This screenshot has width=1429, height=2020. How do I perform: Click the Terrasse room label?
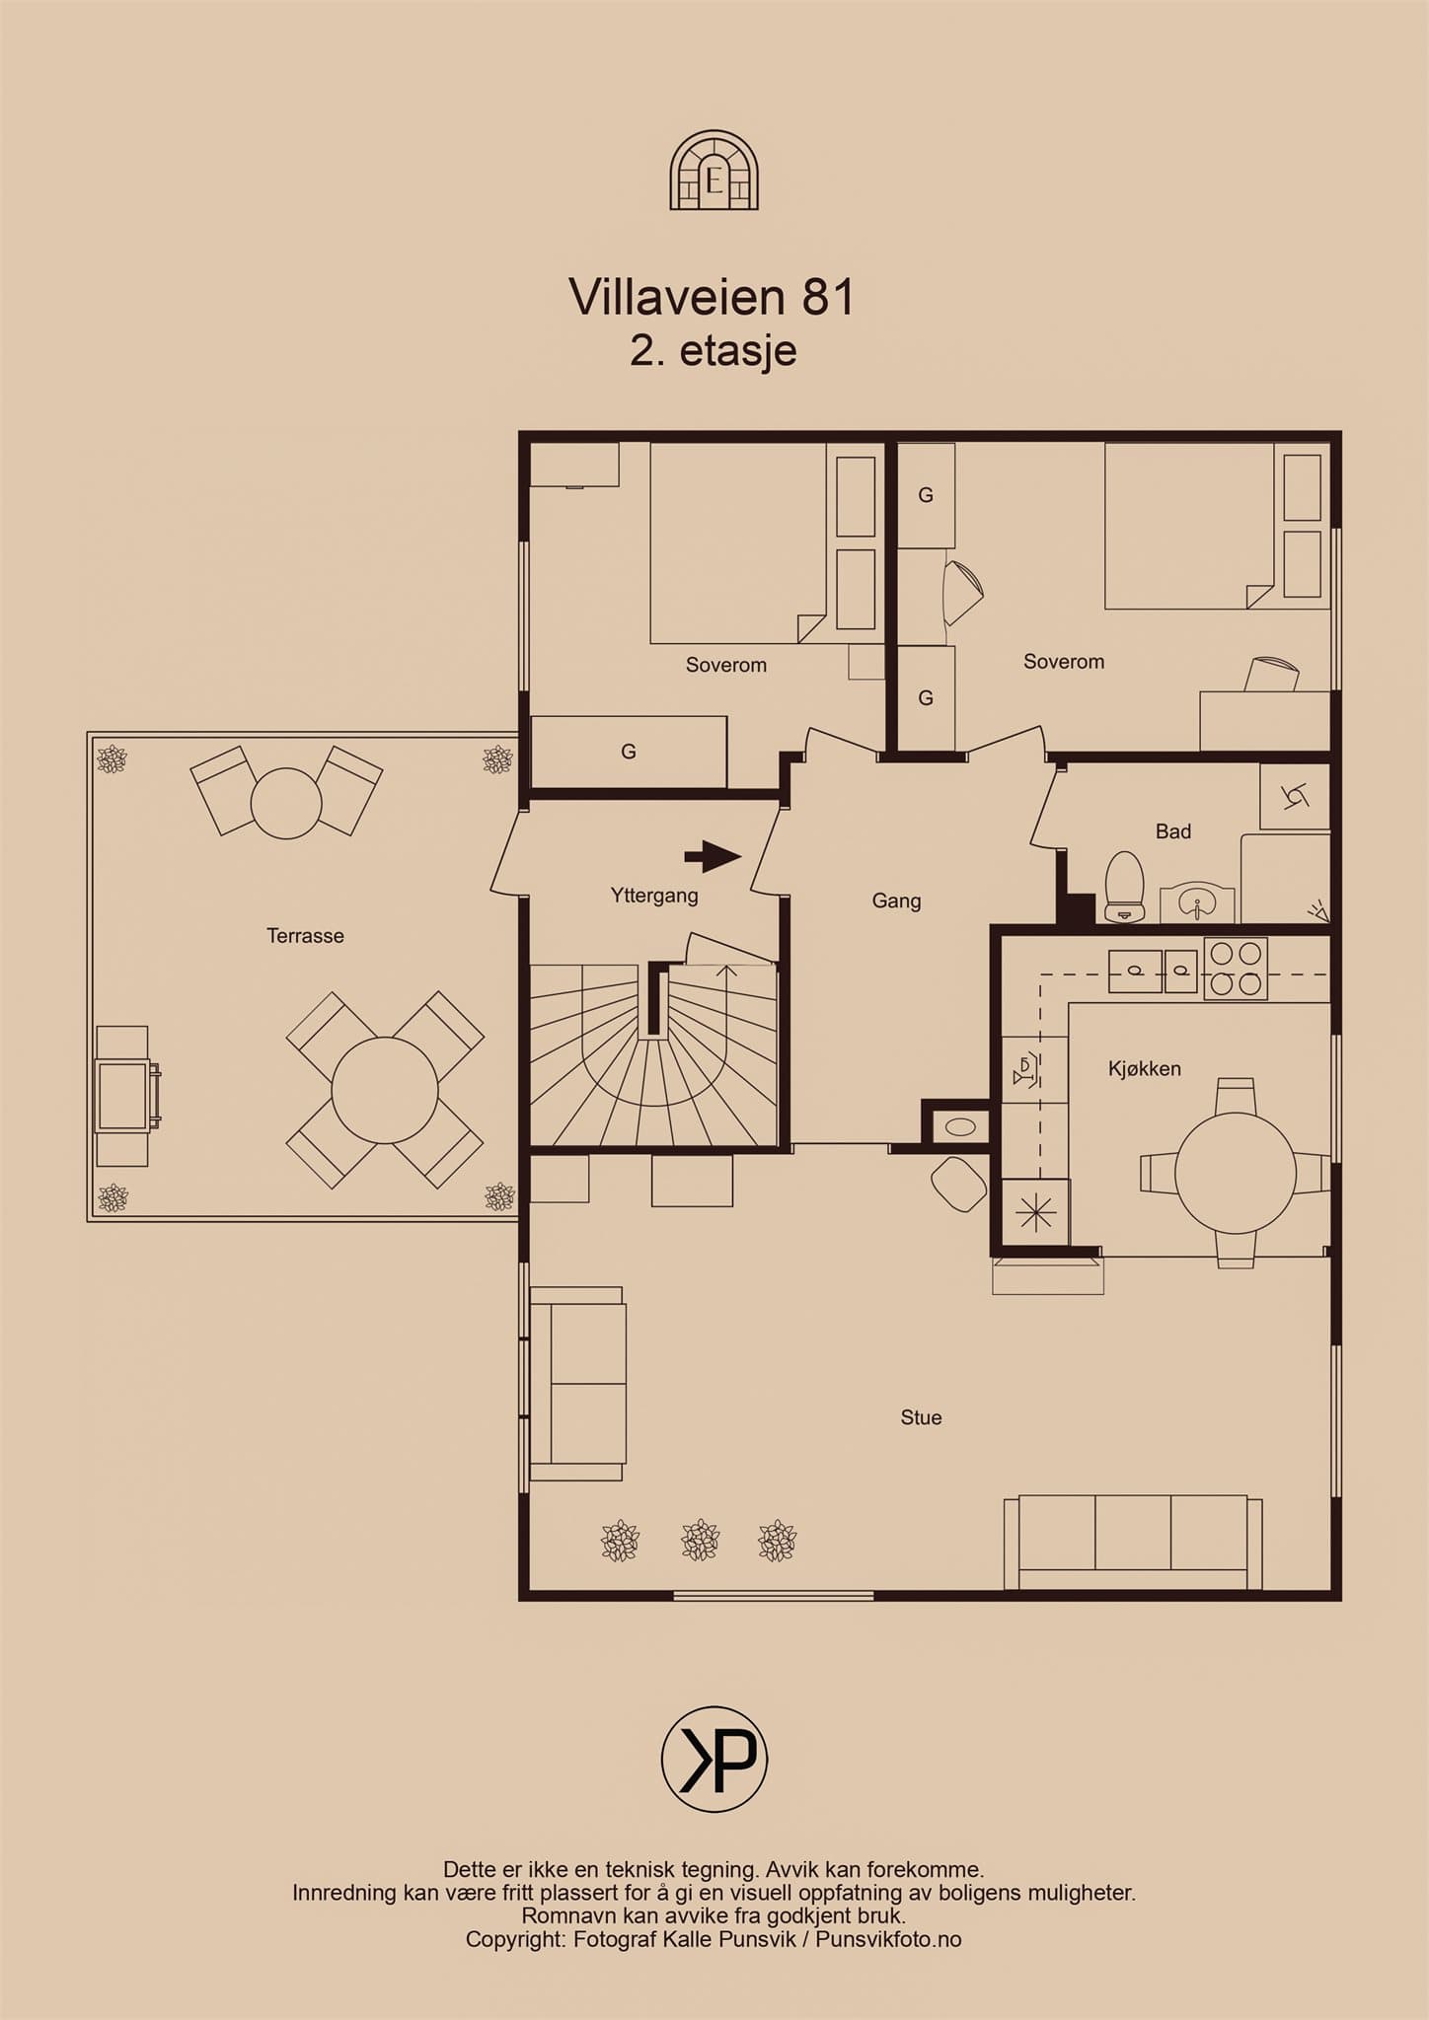tap(305, 936)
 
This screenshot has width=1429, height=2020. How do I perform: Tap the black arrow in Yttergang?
tap(713, 856)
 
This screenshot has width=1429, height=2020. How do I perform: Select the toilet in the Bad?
tap(1124, 887)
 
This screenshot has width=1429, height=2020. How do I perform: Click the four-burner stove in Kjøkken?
tap(1236, 969)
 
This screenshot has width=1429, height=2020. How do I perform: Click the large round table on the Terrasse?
tap(385, 1091)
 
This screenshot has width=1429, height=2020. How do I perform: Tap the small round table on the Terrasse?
tap(286, 803)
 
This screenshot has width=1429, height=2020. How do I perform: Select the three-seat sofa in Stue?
tap(1133, 1542)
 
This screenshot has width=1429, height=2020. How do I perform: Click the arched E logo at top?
tap(714, 173)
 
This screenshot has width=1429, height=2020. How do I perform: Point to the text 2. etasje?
tap(714, 351)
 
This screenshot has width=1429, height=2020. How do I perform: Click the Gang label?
tap(896, 901)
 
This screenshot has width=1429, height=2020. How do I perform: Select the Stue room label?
tap(921, 1417)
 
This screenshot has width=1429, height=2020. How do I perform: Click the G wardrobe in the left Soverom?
tap(629, 752)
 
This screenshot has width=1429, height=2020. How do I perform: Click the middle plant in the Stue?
tap(700, 1540)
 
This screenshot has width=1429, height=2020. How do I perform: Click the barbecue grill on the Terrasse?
tap(124, 1095)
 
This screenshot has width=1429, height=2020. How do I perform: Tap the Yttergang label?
tap(654, 897)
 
